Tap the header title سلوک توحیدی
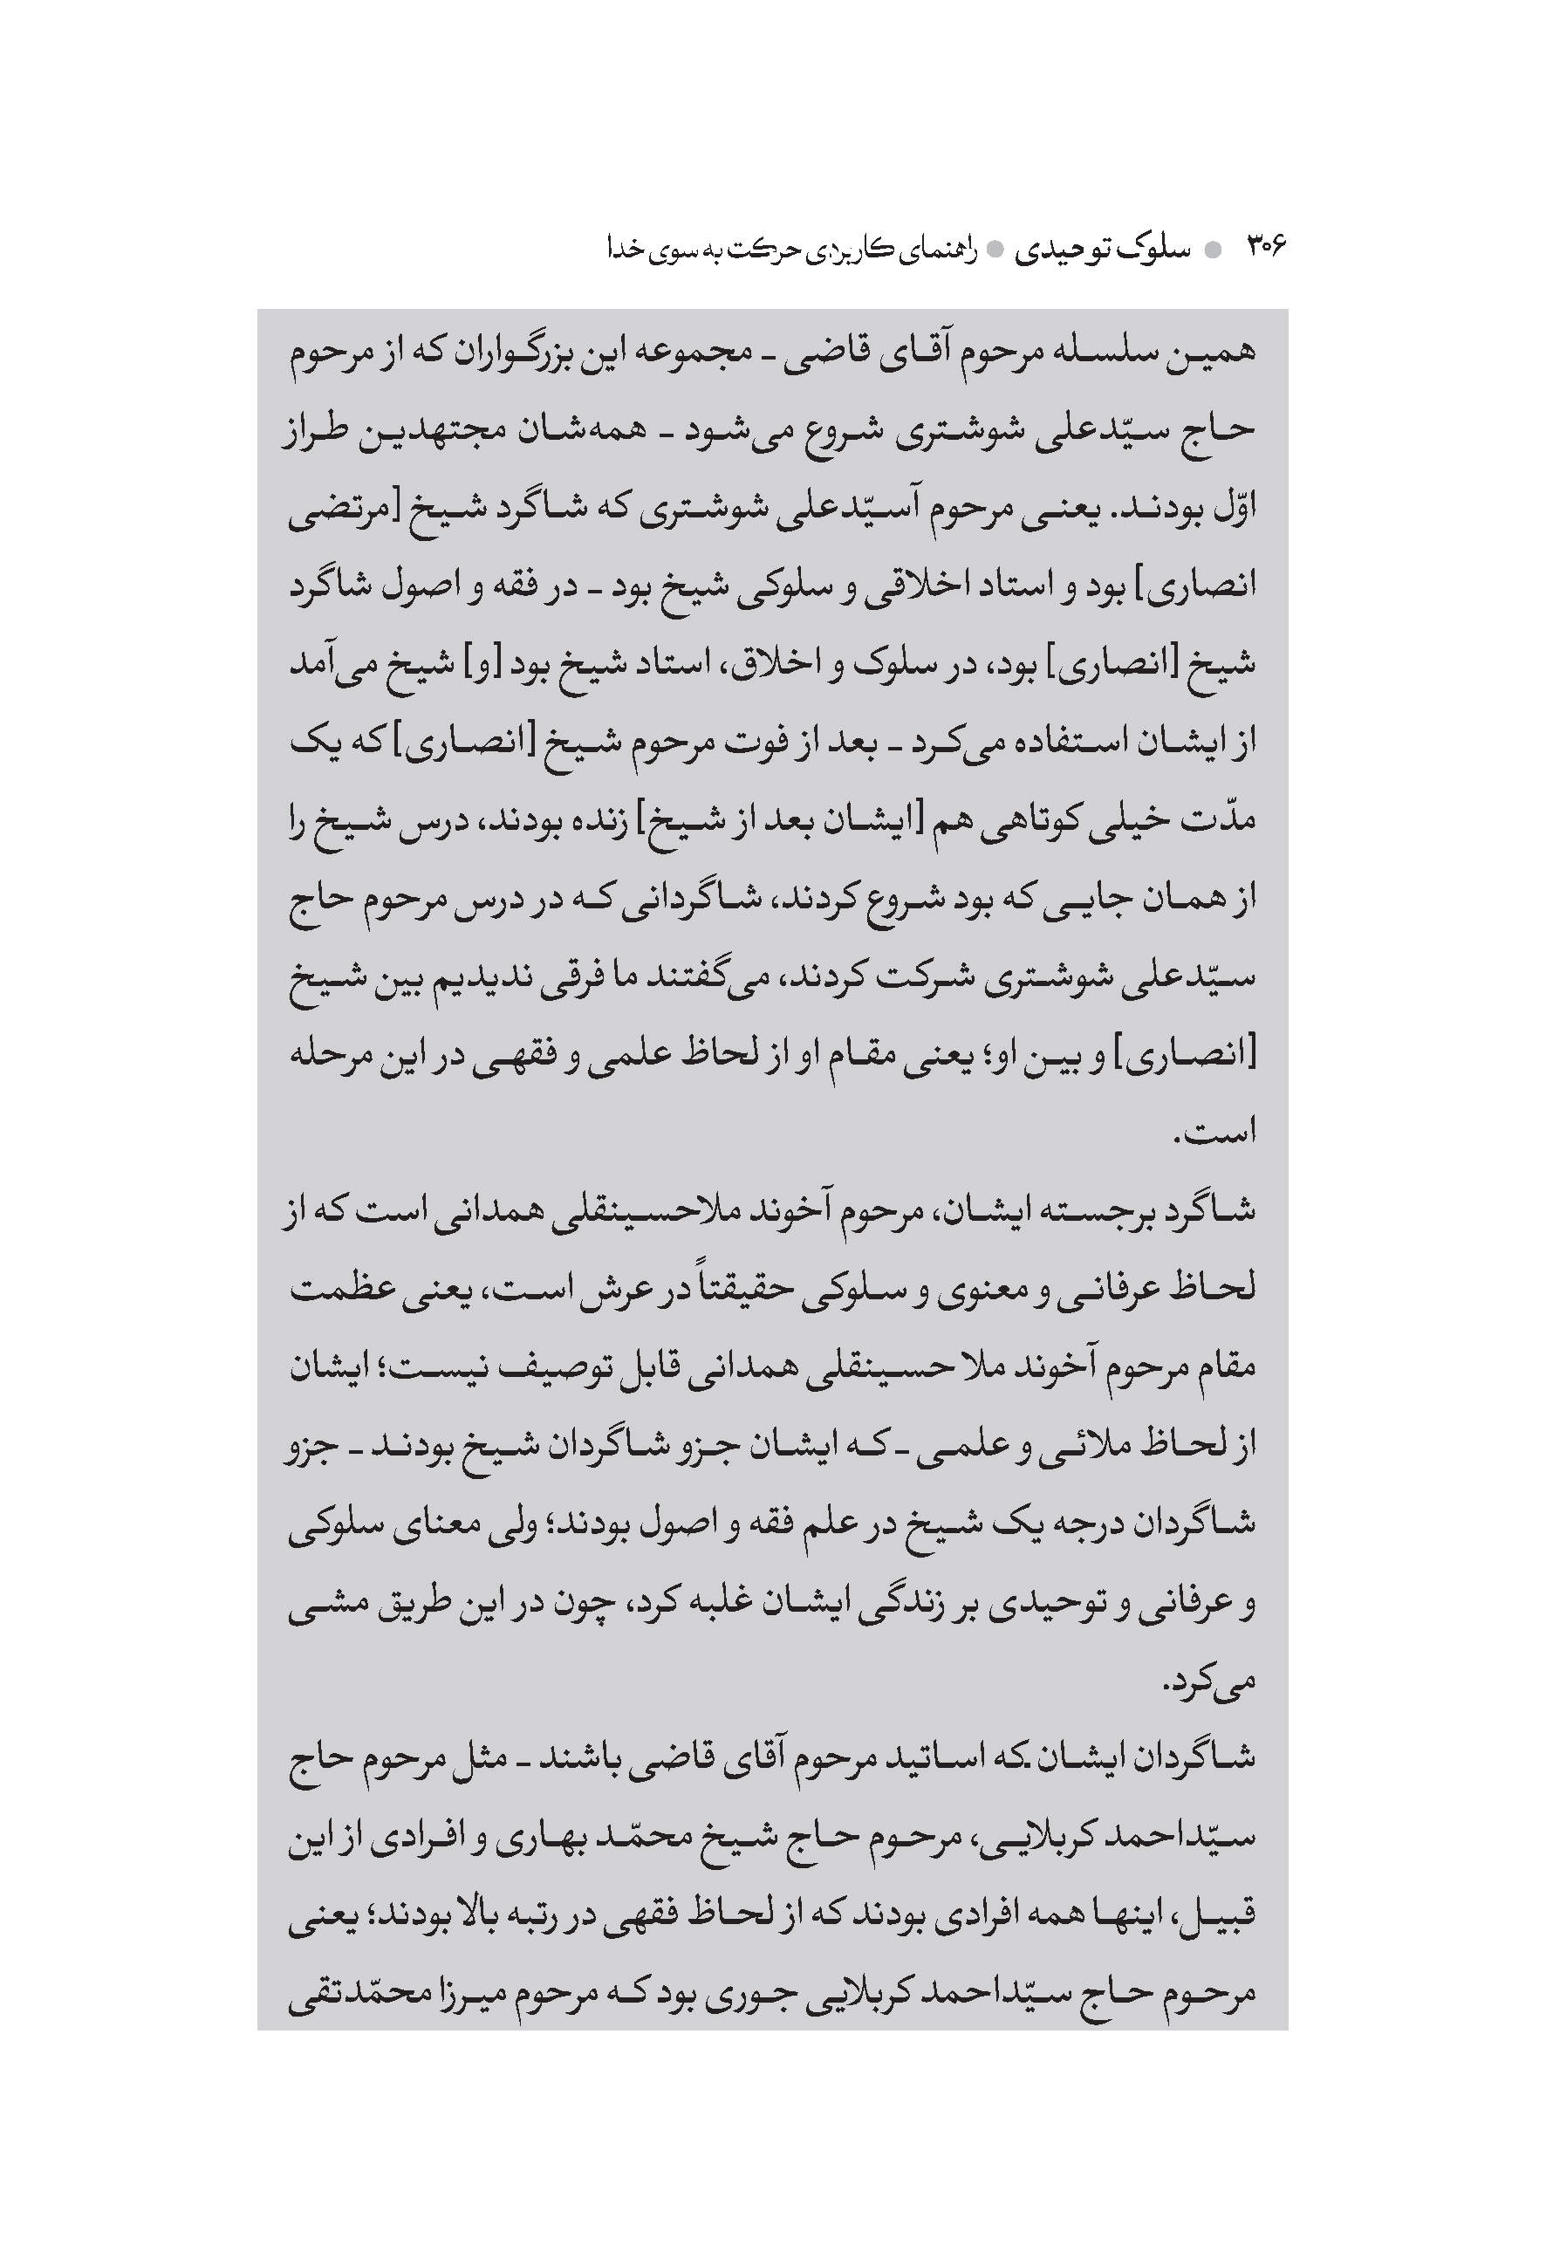1101,250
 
